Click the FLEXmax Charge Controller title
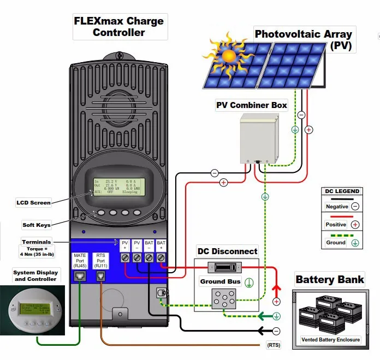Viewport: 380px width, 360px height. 119,27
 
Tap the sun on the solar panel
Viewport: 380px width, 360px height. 228,55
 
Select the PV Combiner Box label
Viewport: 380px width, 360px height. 251,105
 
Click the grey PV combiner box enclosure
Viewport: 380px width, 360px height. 258,139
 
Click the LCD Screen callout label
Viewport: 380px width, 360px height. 33,203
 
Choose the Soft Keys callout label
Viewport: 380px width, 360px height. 37,225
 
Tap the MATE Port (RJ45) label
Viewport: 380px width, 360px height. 80,259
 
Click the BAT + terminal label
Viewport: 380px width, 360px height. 161,245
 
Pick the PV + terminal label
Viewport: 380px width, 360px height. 125,245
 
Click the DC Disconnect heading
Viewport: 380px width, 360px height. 227,251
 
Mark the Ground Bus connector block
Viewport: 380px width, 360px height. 227,298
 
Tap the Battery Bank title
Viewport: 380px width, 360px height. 329,280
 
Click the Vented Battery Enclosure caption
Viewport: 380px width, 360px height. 331,340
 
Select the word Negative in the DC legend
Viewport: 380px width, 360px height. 336,207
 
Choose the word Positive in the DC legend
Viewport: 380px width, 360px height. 336,225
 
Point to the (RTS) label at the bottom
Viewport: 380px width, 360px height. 274,345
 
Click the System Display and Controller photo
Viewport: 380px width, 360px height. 32,310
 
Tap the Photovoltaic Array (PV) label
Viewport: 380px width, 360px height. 305,39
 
